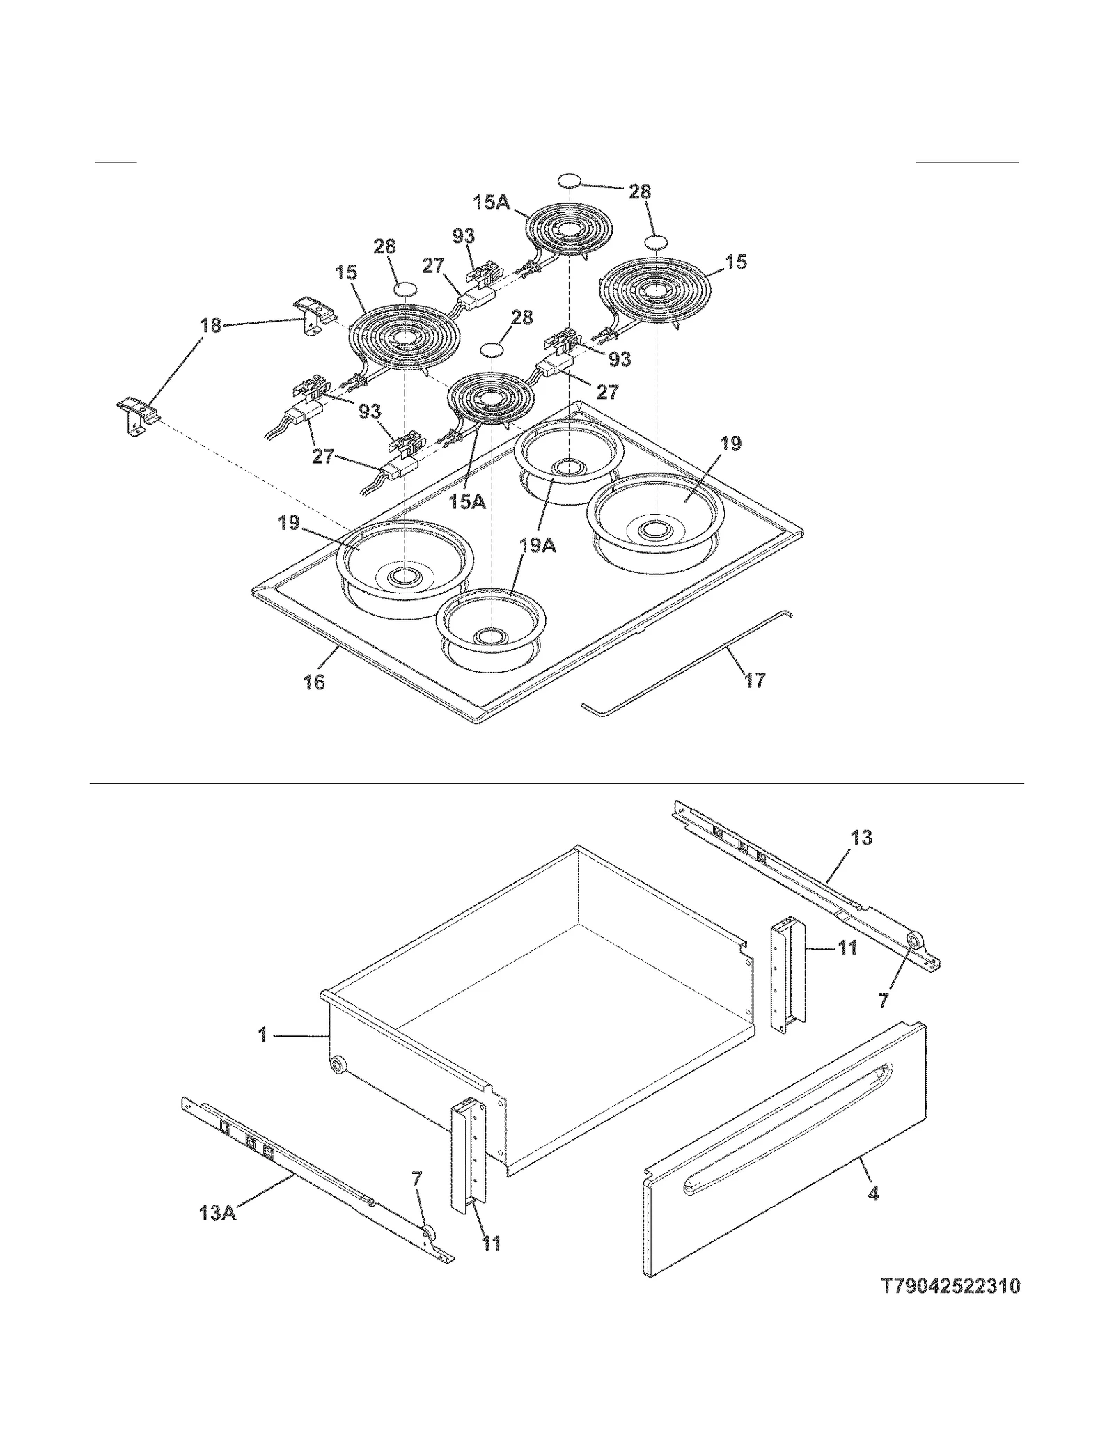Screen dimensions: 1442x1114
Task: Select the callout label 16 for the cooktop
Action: click(314, 682)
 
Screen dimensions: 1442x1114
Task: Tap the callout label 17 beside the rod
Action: click(755, 680)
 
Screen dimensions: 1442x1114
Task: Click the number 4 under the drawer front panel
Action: click(873, 1193)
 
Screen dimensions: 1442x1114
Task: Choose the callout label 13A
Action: click(218, 1212)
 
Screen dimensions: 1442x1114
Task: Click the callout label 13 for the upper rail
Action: click(861, 838)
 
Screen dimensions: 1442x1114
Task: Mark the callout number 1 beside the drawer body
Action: click(263, 1035)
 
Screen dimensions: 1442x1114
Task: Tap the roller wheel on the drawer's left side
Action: click(338, 1065)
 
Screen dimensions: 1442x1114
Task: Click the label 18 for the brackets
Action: click(210, 325)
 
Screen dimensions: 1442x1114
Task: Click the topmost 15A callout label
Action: click(492, 203)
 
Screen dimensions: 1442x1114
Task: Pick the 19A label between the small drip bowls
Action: click(538, 544)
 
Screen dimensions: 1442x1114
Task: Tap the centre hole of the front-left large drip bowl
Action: click(402, 576)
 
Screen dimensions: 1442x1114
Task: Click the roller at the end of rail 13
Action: click(911, 941)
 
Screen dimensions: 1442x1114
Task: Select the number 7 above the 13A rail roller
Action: click(417, 1179)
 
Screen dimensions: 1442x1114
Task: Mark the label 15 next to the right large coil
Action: click(736, 262)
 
